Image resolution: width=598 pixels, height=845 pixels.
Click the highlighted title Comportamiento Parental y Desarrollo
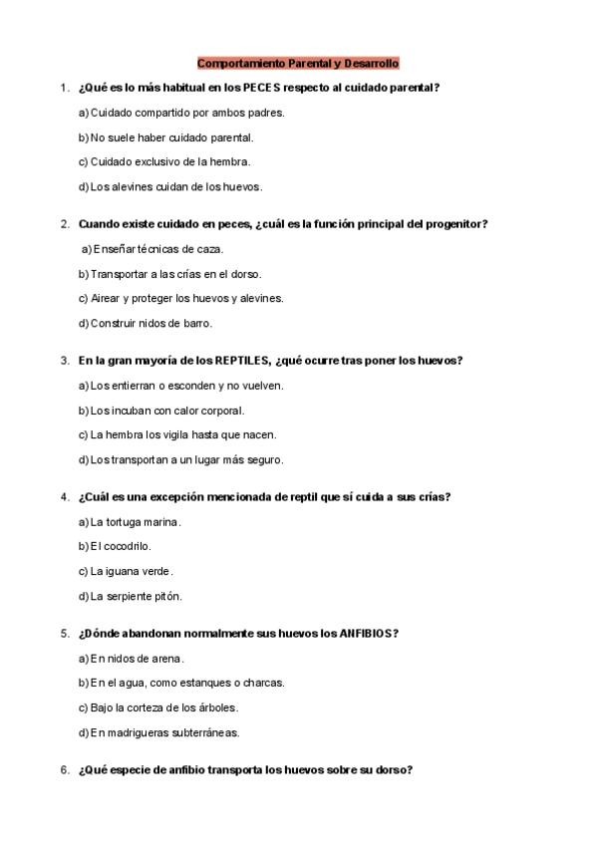point(298,63)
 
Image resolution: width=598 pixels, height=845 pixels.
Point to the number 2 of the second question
point(64,224)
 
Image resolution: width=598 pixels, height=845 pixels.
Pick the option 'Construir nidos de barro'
point(145,323)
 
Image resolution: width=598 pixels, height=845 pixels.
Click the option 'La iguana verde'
point(126,571)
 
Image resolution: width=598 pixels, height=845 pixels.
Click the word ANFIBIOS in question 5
point(367,634)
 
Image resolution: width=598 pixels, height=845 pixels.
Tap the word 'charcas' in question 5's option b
point(263,684)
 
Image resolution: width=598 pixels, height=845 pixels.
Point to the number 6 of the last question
point(64,770)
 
